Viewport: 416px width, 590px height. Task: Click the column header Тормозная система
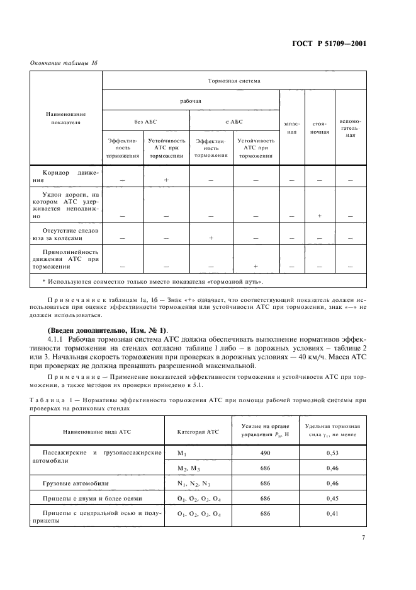(x=233, y=81)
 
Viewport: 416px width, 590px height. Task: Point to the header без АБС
(x=145, y=122)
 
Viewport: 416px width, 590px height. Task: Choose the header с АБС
(x=233, y=122)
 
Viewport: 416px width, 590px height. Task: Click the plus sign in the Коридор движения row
(x=166, y=180)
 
